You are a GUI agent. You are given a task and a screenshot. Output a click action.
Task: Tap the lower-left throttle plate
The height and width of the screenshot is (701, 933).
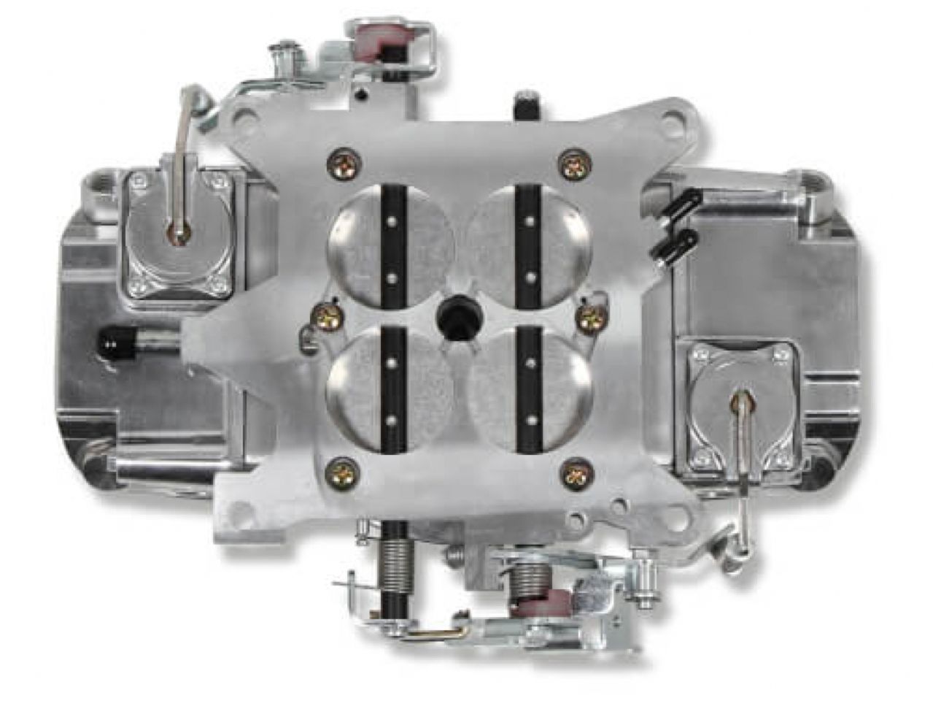pyautogui.click(x=361, y=383)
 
